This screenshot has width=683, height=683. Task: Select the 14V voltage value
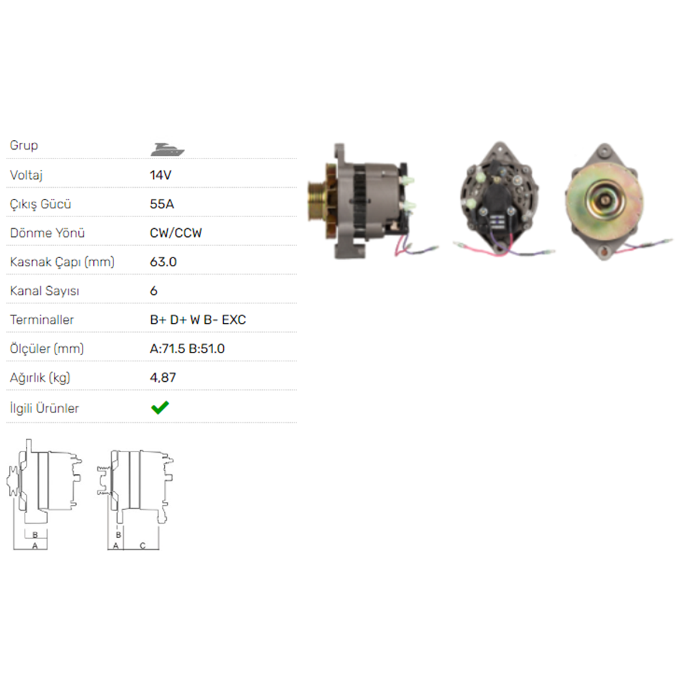161,175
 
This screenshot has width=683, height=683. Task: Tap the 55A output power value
161,204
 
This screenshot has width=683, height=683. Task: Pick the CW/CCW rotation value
176,233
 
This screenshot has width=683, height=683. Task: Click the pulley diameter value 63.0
163,262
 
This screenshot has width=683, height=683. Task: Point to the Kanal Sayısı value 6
154,291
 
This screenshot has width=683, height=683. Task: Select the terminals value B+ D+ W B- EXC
197,320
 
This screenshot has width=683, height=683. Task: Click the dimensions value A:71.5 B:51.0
187,348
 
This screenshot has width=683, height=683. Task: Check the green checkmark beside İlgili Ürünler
160,408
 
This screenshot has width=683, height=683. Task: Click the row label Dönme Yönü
47,233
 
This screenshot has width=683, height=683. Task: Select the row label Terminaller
42,320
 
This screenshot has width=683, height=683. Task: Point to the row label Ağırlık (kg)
40,378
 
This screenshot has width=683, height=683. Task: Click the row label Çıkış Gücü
41,204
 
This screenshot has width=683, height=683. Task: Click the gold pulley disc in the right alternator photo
604,198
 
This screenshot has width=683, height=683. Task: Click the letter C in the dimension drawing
142,545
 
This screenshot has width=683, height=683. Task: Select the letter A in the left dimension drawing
35,546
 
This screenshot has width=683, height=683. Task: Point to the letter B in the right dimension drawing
118,535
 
